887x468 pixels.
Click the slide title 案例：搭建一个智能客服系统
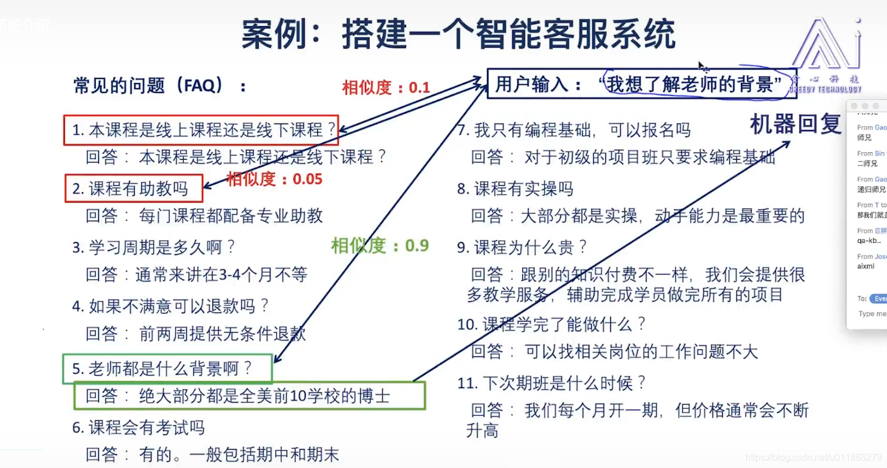click(x=458, y=34)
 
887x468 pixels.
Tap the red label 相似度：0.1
click(x=386, y=88)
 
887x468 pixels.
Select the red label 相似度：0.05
click(x=274, y=179)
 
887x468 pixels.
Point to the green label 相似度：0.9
click(x=380, y=246)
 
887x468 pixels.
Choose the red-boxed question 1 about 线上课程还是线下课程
click(x=201, y=130)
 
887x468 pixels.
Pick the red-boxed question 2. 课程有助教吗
click(x=134, y=189)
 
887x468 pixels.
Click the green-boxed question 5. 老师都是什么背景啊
click(x=167, y=369)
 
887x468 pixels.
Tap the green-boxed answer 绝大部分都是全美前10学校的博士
click(x=249, y=396)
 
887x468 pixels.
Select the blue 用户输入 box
click(x=641, y=84)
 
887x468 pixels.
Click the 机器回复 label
click(x=795, y=124)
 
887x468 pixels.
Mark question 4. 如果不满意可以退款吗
click(x=170, y=306)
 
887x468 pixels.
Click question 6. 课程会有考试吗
click(x=139, y=428)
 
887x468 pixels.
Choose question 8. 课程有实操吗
click(x=515, y=189)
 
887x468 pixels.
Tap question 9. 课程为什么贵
click(x=522, y=248)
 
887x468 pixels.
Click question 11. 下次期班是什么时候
click(x=551, y=383)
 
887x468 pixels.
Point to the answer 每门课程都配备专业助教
click(x=230, y=216)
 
